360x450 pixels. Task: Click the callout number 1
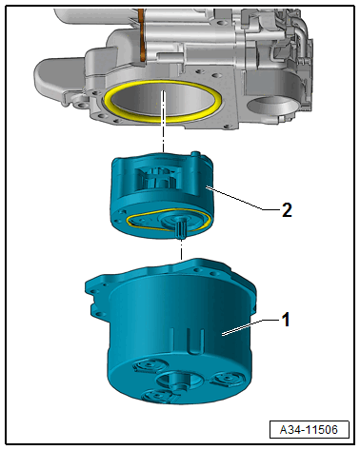pos(286,320)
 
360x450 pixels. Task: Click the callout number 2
pos(287,210)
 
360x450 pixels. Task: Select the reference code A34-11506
pos(309,430)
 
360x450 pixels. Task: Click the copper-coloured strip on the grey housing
pos(142,35)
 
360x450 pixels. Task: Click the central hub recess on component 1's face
pos(180,380)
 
